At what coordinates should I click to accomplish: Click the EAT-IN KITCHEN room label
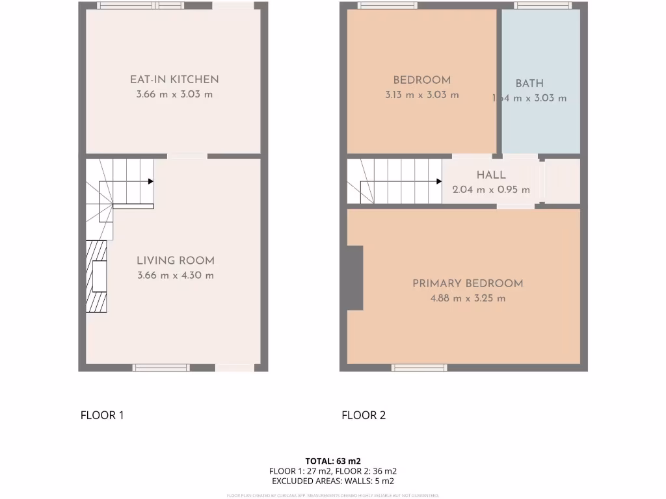tap(174, 79)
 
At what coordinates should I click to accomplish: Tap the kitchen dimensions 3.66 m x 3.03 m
tap(174, 94)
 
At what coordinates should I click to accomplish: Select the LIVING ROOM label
tap(175, 261)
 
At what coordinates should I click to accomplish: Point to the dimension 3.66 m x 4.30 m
tap(175, 275)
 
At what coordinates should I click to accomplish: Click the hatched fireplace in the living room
tap(97, 275)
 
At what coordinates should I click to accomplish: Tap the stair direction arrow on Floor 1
tap(150, 182)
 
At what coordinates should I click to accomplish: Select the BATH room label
tap(529, 83)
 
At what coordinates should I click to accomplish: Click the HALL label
tap(491, 175)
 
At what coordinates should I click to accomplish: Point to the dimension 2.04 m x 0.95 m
tap(491, 190)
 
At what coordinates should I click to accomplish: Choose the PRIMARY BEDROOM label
tap(468, 283)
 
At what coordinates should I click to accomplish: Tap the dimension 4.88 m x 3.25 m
tap(468, 298)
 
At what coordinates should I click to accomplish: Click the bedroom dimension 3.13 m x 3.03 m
tap(421, 95)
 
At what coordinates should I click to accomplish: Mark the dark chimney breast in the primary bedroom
tap(354, 277)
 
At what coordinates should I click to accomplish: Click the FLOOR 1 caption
tap(102, 415)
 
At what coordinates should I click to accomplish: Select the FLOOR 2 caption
tap(364, 415)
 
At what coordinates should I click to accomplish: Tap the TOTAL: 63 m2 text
tap(332, 461)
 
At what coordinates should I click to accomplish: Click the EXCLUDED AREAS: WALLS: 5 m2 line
tap(332, 481)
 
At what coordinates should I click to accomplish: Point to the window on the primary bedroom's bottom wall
tap(419, 368)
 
